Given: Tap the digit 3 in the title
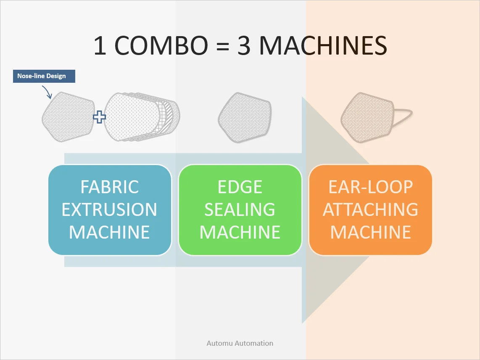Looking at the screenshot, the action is tap(244, 46).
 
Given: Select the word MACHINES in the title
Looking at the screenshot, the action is tap(323, 46).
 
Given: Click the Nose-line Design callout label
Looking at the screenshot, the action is tap(44, 76).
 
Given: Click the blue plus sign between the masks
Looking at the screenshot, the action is tap(99, 117).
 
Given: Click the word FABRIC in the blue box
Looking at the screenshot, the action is tap(110, 187).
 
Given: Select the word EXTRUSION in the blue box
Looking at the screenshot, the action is tap(110, 210).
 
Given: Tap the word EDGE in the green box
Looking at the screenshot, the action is tap(240, 187).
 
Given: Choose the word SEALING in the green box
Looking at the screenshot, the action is tap(240, 210).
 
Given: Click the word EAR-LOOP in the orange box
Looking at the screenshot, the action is tap(370, 187).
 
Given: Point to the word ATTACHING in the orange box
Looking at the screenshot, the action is tap(370, 210).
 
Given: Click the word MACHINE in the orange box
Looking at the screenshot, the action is tap(370, 232).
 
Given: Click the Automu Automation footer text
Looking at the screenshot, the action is tap(240, 343).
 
